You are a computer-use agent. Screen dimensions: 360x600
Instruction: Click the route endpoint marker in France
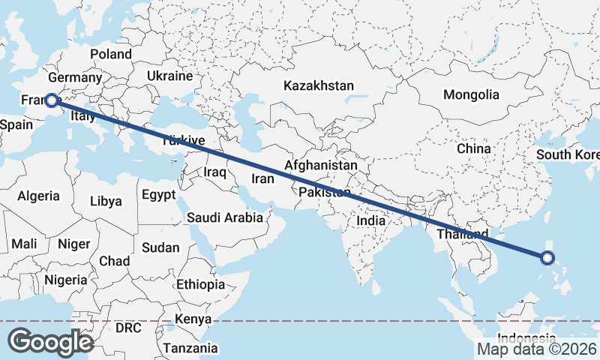(52, 99)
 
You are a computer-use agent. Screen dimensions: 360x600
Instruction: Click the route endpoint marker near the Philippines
(547, 258)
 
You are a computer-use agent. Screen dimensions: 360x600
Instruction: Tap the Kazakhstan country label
(318, 86)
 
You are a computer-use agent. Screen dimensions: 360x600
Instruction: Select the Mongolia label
(471, 94)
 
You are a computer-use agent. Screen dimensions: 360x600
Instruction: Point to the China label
(473, 148)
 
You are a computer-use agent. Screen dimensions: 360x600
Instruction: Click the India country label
(370, 220)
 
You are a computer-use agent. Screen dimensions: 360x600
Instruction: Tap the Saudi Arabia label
(225, 217)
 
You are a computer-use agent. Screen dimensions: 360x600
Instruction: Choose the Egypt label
(158, 194)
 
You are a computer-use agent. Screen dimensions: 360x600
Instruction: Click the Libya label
(105, 201)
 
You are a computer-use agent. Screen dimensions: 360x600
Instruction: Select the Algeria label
(38, 196)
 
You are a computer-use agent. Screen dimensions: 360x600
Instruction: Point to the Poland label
(111, 54)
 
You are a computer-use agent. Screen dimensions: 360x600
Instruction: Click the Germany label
(74, 78)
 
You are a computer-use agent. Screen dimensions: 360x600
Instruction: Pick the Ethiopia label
(200, 284)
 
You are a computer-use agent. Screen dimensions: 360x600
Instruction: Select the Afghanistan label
(321, 164)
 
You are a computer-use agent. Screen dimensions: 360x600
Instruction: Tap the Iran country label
(262, 178)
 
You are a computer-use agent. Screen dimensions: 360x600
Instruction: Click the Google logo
(50, 342)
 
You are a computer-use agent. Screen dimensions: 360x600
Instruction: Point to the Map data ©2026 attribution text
(537, 349)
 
